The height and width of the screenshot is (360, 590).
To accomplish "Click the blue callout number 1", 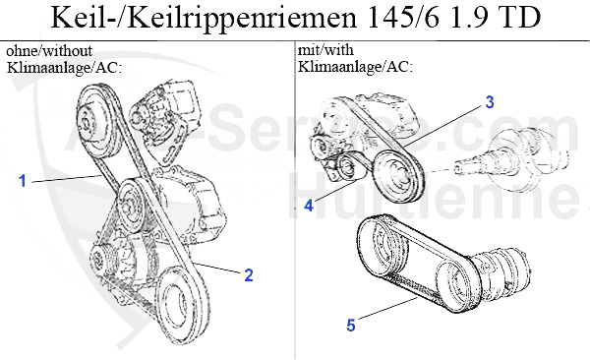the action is coord(23,180).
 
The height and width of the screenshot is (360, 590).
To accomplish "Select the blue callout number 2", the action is coord(249,275).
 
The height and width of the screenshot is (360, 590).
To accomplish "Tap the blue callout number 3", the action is coord(489,102).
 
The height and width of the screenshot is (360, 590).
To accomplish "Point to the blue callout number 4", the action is coord(309,206).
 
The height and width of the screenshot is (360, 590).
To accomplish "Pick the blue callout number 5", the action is coord(351,325).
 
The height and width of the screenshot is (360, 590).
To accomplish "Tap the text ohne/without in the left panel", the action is coord(49,50).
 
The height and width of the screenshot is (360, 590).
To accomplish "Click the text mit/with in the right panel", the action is coord(325,50).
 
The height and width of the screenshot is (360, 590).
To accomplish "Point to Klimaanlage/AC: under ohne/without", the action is coord(64,68).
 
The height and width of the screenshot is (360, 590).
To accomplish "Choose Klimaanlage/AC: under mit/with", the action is coord(355,67).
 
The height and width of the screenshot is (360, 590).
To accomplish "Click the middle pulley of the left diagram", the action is coord(131,206).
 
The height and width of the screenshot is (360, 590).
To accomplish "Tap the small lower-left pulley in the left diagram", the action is coord(100,260).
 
